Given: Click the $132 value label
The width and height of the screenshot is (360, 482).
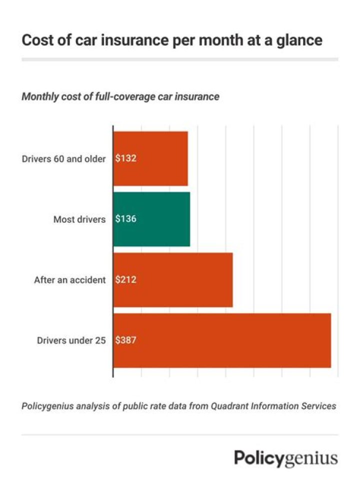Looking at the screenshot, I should coord(126,159).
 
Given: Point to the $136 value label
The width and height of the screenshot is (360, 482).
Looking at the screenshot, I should coord(126,219).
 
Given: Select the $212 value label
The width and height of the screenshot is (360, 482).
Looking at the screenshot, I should coord(126,280).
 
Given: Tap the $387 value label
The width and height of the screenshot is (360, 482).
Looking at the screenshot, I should coord(126,340).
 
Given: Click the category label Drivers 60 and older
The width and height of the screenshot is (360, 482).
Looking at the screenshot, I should coord(63,159).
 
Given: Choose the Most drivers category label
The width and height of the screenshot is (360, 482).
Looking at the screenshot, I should coord(79,219).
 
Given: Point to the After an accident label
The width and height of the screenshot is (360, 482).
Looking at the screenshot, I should coord(69,280).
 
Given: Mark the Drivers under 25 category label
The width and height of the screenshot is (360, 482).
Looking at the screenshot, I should coord(71,340).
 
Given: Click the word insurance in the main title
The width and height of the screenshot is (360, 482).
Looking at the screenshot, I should coord(132,41).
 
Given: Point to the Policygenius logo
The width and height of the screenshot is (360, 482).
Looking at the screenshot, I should coord(286,458).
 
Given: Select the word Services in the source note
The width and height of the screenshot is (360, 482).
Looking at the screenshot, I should coord(318,406).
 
